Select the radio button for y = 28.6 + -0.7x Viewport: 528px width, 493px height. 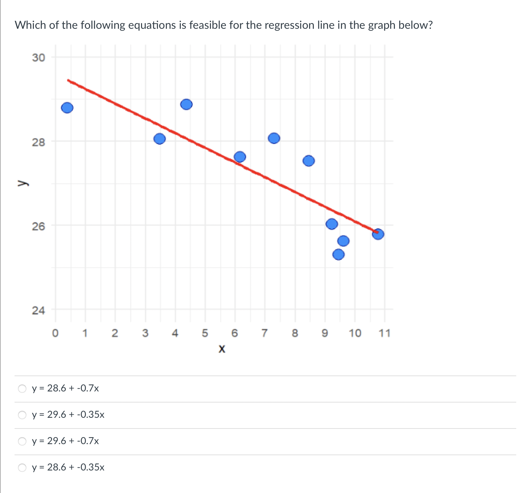point(22,388)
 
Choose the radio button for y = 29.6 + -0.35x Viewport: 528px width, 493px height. point(22,415)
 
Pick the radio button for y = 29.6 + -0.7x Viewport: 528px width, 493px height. point(22,441)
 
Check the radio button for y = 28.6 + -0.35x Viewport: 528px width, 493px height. point(22,467)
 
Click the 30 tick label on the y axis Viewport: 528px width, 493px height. point(38,58)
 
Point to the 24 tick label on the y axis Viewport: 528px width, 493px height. point(38,310)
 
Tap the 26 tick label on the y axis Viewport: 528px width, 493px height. point(38,226)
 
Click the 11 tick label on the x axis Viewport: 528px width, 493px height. point(384,334)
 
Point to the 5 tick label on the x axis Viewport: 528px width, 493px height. point(205,334)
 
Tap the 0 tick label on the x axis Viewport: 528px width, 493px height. point(55,334)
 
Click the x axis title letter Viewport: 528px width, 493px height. point(222,348)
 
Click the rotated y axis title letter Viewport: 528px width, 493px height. point(22,183)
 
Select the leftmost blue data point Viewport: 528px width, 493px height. point(67,108)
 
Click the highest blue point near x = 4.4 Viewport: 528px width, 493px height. point(186,104)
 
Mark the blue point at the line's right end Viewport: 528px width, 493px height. point(378,234)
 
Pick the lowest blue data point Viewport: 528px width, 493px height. point(338,254)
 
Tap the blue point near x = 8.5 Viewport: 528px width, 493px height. point(309,161)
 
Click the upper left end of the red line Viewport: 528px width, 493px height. point(69,80)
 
